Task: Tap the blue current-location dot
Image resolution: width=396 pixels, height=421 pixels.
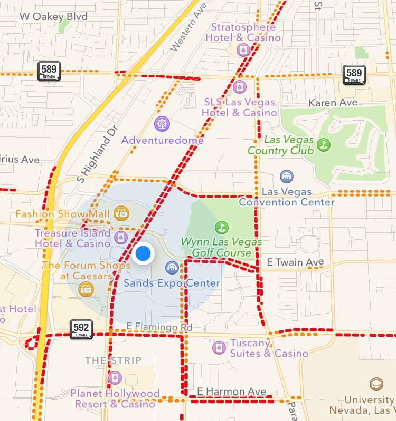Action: pyautogui.click(x=143, y=254)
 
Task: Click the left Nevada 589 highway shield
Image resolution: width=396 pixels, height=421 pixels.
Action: pyautogui.click(x=49, y=71)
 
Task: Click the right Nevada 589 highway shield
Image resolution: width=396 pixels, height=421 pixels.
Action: pyautogui.click(x=354, y=74)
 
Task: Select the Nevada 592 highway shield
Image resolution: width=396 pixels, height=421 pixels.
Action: pyautogui.click(x=81, y=329)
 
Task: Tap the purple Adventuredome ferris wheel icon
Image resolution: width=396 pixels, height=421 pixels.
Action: pyautogui.click(x=162, y=124)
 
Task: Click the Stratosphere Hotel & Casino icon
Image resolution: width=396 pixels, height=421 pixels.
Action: pyautogui.click(x=243, y=50)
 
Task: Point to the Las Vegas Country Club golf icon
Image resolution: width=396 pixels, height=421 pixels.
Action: pyautogui.click(x=323, y=143)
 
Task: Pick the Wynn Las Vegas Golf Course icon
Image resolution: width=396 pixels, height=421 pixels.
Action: pyautogui.click(x=222, y=228)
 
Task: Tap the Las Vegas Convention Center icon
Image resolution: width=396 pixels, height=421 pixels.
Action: pyautogui.click(x=287, y=176)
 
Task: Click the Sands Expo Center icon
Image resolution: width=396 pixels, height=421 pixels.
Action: pyautogui.click(x=172, y=268)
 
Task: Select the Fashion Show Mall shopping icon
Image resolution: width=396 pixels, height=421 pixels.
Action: pyautogui.click(x=122, y=213)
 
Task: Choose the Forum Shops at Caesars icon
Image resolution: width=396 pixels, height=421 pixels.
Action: pyautogui.click(x=84, y=288)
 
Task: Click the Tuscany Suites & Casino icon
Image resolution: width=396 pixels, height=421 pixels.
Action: pyautogui.click(x=218, y=348)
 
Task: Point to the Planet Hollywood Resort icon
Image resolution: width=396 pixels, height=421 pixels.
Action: pyautogui.click(x=115, y=378)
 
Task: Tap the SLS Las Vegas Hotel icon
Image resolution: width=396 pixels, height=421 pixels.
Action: pyautogui.click(x=240, y=87)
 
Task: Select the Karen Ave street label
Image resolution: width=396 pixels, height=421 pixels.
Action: pyautogui.click(x=333, y=102)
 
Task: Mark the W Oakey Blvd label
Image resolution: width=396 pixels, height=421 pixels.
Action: pyautogui.click(x=53, y=16)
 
